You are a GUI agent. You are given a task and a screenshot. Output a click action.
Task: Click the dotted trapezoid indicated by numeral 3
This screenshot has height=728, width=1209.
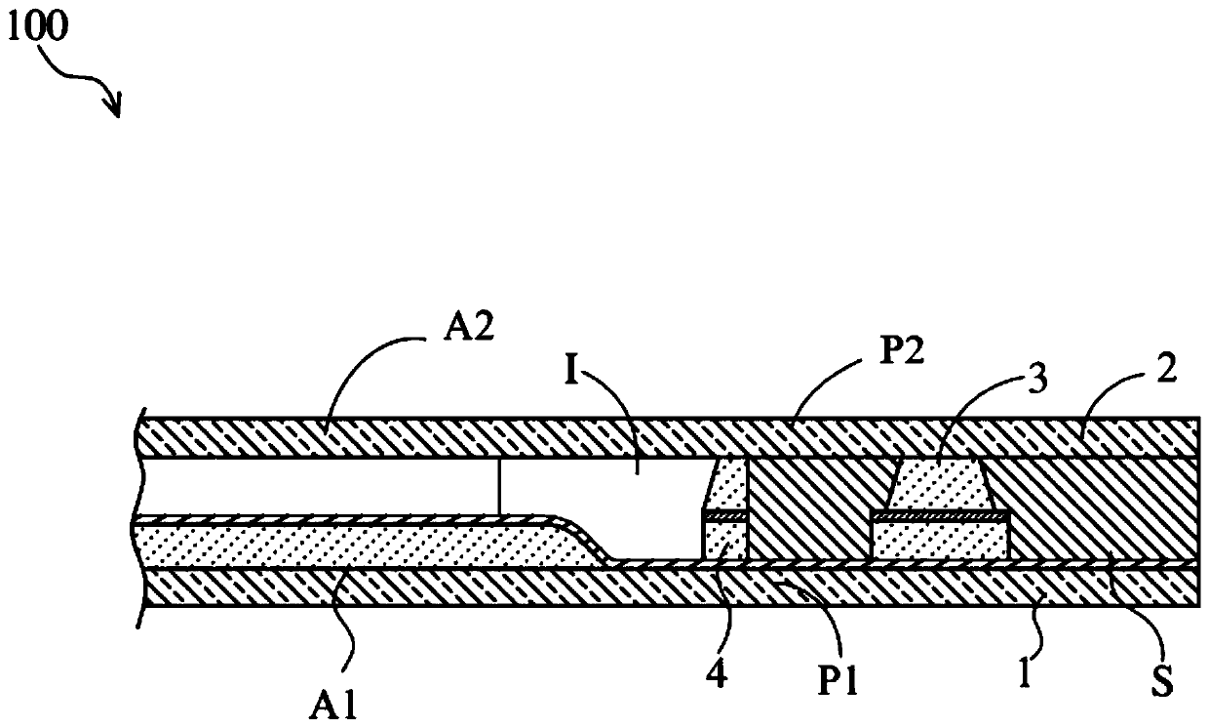pyautogui.click(x=937, y=483)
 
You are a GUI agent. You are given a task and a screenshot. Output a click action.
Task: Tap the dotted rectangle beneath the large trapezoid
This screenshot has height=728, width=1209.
pyautogui.click(x=940, y=539)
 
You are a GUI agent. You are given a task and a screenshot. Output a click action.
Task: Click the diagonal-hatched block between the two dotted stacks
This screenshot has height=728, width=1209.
pyautogui.click(x=809, y=507)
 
